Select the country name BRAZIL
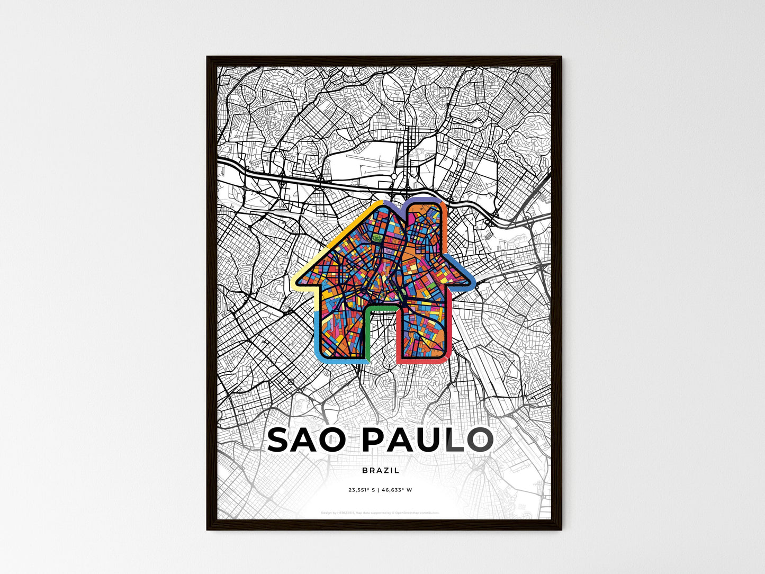[x=381, y=470]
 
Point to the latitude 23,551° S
[x=361, y=490]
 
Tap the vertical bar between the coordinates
[x=379, y=490]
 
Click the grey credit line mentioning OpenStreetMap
[x=380, y=513]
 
